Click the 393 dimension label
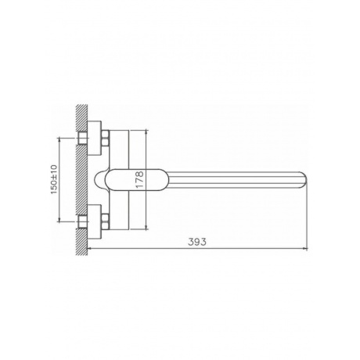tap(197, 242)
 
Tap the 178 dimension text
tap(139, 179)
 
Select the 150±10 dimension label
tap(54, 179)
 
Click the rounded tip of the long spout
tap(303, 180)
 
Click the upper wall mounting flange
tap(94, 138)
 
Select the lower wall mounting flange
tap(94, 222)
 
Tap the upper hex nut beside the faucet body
tap(105, 138)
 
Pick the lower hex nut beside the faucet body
tap(105, 222)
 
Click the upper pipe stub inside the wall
tap(82, 138)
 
